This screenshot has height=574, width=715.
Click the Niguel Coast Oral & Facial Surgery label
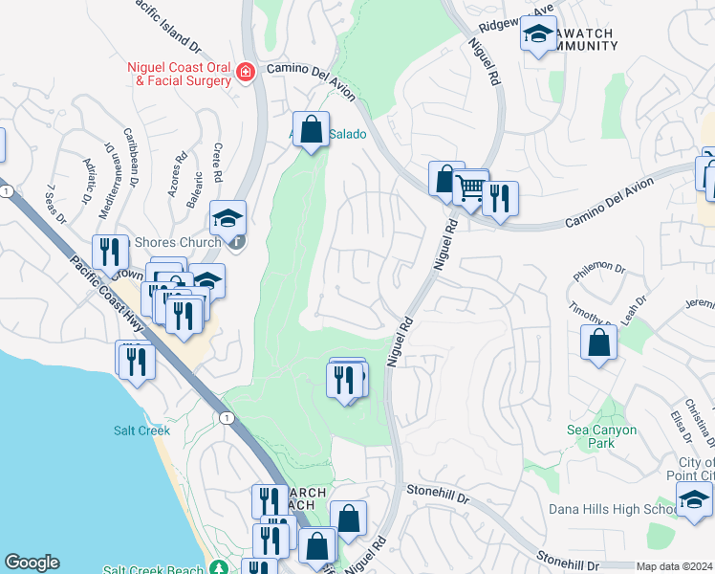point(179,74)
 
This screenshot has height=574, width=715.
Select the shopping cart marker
point(469,188)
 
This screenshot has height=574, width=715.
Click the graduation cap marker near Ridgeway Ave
point(538,34)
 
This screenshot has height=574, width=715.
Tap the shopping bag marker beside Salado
point(311,129)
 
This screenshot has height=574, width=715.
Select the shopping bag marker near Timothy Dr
point(597,343)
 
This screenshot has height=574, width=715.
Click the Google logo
point(32,563)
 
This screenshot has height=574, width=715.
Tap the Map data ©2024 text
point(674,566)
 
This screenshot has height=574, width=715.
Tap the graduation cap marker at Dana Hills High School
point(693,499)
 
